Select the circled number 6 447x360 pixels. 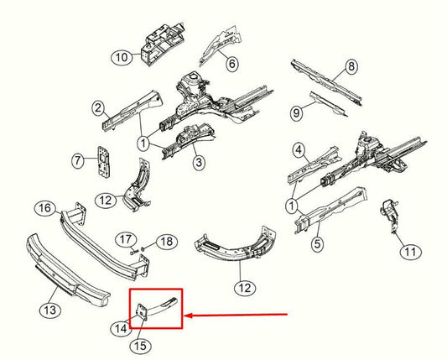point(231,62)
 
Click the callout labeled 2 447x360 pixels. point(98,107)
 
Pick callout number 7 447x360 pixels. point(78,159)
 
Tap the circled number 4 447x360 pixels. point(298,151)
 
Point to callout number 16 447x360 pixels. point(44,208)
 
